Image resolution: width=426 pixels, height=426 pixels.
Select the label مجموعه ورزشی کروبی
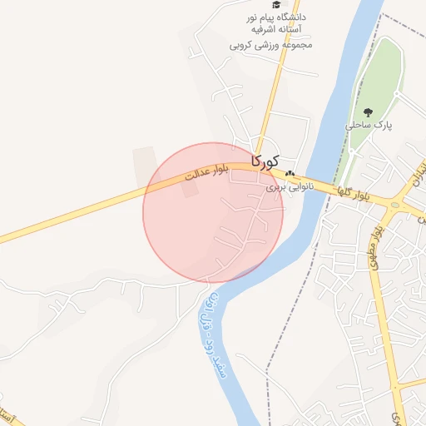[x=271, y=44]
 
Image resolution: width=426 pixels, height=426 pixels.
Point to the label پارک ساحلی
[x=369, y=125]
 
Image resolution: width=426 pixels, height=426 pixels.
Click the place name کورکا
[x=265, y=160]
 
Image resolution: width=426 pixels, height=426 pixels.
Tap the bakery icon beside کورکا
[x=290, y=174]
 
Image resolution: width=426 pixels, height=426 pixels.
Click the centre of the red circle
[x=213, y=213]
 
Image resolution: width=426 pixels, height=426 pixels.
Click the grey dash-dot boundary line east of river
[x=287, y=333]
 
